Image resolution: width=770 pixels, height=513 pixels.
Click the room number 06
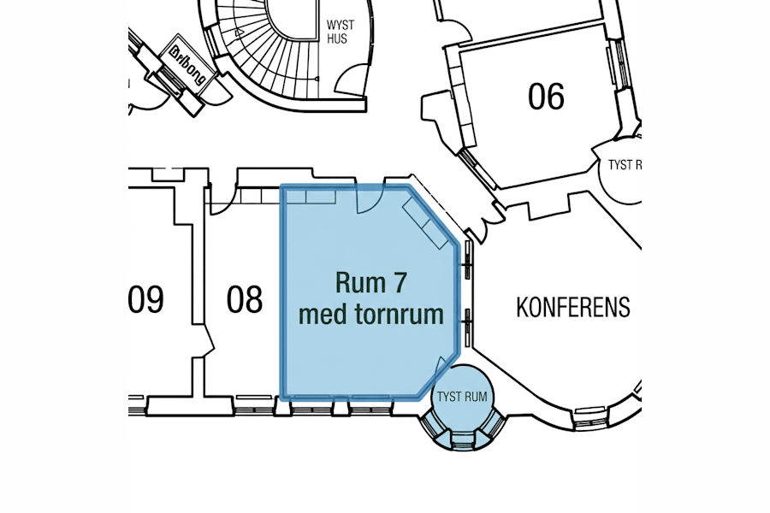tap(546, 97)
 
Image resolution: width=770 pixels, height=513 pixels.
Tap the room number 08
tap(245, 300)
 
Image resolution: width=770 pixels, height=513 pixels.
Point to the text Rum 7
tap(370, 282)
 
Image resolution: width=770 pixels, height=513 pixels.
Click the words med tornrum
tap(370, 315)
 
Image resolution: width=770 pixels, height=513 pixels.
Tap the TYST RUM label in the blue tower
tap(462, 398)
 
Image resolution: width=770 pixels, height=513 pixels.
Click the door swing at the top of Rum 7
tap(367, 201)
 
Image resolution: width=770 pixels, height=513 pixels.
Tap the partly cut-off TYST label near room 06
tap(624, 165)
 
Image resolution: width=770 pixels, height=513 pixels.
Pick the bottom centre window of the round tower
tap(462, 440)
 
